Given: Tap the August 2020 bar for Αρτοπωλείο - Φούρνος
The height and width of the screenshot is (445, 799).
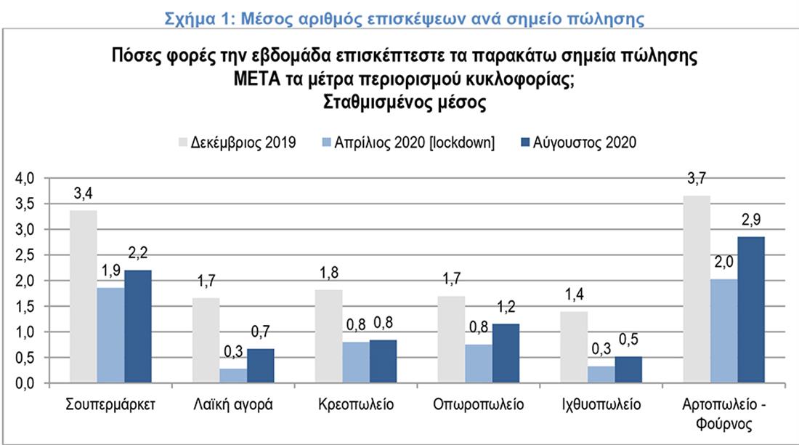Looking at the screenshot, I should [752, 310].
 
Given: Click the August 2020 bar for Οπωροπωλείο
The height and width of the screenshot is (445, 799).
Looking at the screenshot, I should [506, 353].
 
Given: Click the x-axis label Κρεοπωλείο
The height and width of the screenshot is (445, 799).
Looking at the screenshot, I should [355, 405].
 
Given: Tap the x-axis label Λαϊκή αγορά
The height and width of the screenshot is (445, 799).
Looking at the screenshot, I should [234, 405].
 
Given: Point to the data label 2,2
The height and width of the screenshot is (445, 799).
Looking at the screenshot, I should [138, 253].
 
